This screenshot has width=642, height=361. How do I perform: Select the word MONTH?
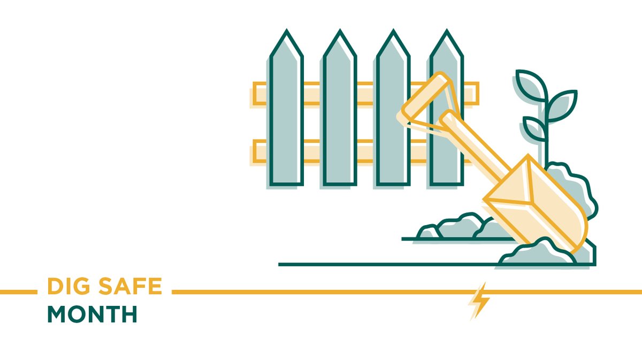coord(92,314)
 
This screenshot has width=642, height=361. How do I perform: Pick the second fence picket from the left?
coord(340,118)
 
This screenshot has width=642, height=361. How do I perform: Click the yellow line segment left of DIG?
coord(18,292)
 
